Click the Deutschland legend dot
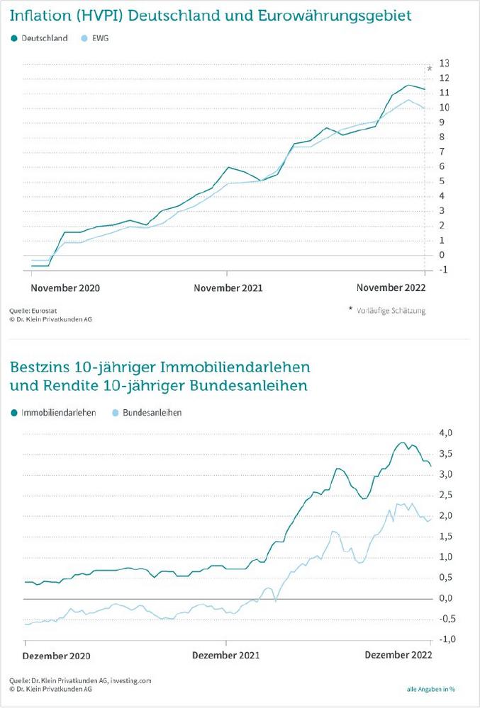(x=14, y=38)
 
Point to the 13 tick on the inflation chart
(x=445, y=63)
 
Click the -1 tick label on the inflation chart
(x=443, y=270)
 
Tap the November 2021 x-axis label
(x=228, y=288)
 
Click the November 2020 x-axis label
(x=65, y=288)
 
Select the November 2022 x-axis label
(x=391, y=287)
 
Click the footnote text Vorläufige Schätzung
(x=391, y=311)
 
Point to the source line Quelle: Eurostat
(x=33, y=311)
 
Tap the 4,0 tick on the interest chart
(x=446, y=433)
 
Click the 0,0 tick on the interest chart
(x=446, y=598)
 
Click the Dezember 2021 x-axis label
(x=226, y=656)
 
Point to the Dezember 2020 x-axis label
(x=57, y=656)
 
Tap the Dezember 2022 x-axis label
(x=398, y=655)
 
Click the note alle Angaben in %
(x=431, y=689)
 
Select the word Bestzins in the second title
(x=39, y=367)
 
